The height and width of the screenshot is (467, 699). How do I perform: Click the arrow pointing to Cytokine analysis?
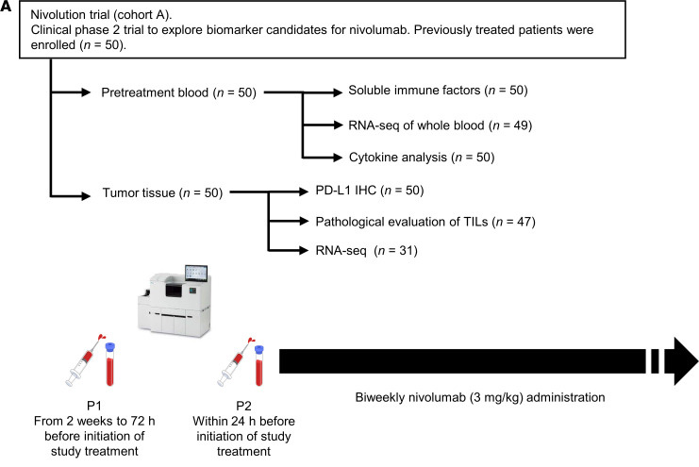[318, 158]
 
